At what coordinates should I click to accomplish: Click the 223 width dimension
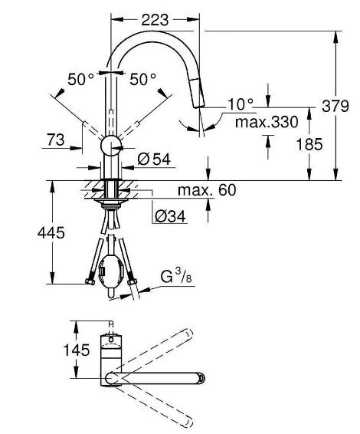tap(155, 20)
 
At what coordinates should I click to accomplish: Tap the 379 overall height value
tap(335, 106)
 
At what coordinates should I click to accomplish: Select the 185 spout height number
tap(309, 144)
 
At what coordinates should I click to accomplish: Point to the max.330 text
tap(267, 122)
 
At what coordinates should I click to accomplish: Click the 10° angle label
tap(241, 104)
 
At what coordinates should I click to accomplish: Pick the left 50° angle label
tap(80, 79)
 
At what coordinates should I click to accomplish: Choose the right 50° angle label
tap(142, 79)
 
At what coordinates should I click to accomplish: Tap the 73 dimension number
tap(56, 140)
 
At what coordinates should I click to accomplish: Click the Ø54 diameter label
tap(154, 159)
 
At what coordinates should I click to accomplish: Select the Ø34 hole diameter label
tap(170, 216)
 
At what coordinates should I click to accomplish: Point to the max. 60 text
tap(207, 190)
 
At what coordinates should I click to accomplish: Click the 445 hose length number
tap(51, 232)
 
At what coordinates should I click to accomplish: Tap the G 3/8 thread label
tap(176, 277)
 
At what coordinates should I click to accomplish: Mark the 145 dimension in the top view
tap(77, 350)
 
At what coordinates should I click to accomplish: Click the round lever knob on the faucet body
tap(111, 146)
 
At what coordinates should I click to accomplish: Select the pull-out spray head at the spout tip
tap(198, 93)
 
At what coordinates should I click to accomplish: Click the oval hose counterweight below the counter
tap(110, 271)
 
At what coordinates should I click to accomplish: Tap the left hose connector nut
tap(90, 281)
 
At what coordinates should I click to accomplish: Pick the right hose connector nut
tap(133, 281)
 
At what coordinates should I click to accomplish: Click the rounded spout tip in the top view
tap(201, 378)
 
